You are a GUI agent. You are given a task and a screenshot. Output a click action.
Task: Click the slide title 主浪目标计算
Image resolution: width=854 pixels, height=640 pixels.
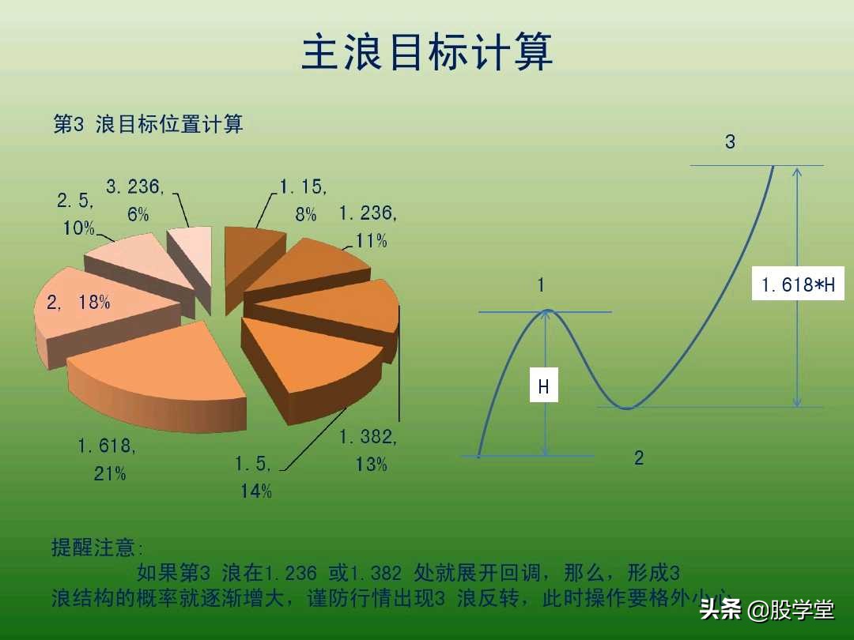(x=427, y=53)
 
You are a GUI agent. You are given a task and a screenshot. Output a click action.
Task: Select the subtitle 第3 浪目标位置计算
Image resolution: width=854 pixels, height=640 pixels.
(x=148, y=124)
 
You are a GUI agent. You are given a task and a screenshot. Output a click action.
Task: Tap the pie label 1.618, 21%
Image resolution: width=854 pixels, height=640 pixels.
(x=107, y=460)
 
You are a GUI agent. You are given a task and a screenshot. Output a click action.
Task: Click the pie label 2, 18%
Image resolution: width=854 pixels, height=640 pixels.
(x=78, y=302)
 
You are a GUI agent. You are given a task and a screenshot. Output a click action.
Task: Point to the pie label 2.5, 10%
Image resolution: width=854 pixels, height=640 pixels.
(x=76, y=214)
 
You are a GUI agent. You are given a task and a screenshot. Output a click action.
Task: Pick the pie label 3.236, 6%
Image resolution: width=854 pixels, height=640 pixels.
(x=135, y=201)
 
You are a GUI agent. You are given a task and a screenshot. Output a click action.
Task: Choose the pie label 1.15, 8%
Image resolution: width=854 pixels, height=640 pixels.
(x=303, y=200)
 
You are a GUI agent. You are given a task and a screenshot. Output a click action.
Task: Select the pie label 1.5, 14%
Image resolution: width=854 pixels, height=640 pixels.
(x=255, y=476)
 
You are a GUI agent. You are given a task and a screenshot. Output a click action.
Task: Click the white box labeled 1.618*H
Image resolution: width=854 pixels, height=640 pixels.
(x=797, y=284)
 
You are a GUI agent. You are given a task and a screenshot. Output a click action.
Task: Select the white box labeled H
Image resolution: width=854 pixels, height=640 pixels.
(x=543, y=387)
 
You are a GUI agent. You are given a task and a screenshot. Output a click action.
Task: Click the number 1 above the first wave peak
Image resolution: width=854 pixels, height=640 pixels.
(x=542, y=285)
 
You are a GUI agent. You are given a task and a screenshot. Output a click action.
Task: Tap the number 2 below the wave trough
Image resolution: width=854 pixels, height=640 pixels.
(x=639, y=457)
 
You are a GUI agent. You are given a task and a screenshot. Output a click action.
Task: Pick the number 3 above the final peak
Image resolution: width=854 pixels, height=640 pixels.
(x=730, y=142)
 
